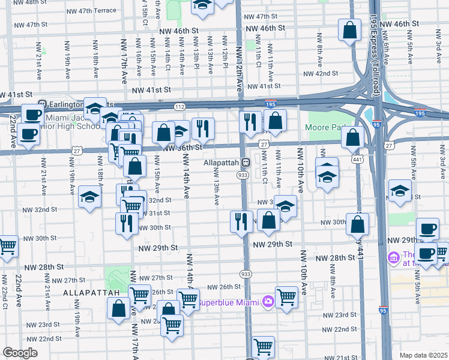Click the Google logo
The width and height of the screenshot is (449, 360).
19,353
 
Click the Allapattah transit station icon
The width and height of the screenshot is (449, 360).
246,163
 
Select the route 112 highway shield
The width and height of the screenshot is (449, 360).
179,107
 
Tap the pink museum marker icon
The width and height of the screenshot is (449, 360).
394,257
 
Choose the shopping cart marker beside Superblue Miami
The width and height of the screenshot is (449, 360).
286,296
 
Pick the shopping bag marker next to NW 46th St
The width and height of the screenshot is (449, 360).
349,29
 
